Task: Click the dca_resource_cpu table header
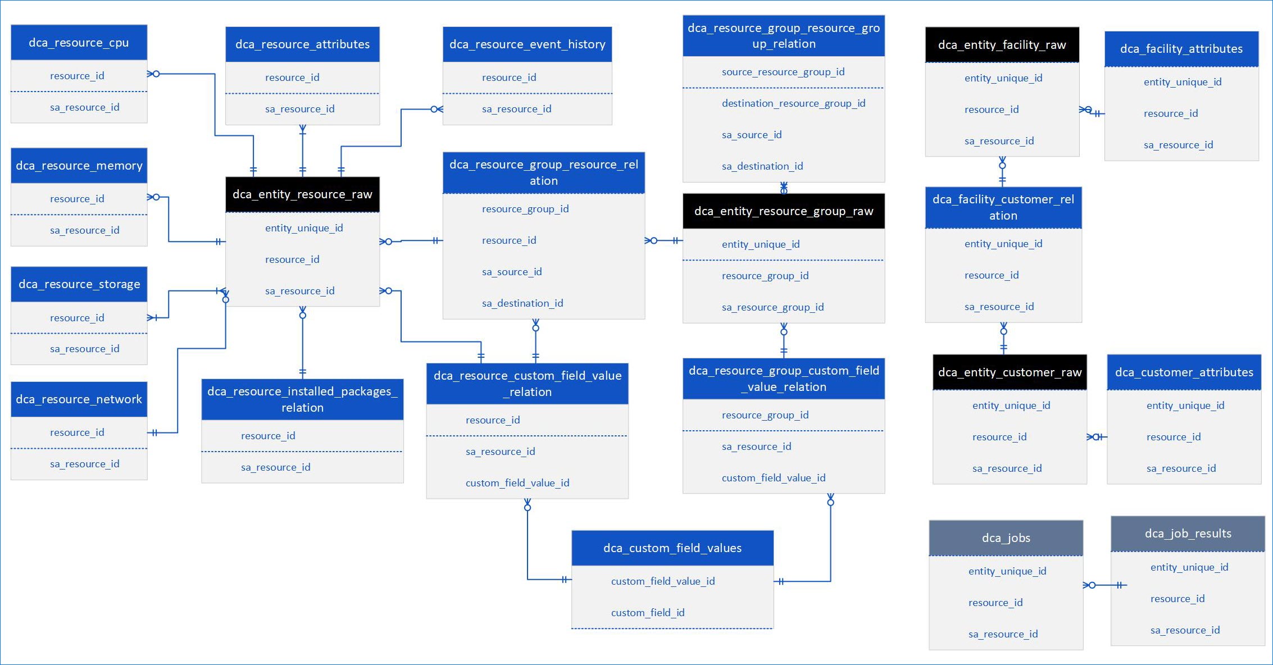tap(79, 43)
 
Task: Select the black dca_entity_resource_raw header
tap(302, 194)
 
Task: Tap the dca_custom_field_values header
tap(672, 548)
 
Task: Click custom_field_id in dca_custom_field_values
tap(648, 613)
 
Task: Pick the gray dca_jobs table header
tap(1006, 538)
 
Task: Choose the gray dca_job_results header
tap(1188, 534)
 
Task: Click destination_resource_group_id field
tap(793, 103)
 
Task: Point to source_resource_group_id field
tap(783, 72)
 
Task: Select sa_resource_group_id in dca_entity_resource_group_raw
tap(772, 307)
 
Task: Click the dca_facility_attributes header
tap(1181, 49)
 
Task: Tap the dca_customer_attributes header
tap(1184, 372)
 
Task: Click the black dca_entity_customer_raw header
tap(1010, 372)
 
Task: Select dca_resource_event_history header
tap(527, 44)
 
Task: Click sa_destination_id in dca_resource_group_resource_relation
tap(522, 303)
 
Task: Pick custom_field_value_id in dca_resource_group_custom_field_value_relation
tap(774, 478)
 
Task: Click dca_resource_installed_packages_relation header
tap(302, 399)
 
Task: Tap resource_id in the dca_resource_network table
tap(77, 432)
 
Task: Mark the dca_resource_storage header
tap(79, 284)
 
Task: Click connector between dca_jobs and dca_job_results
tap(1104, 585)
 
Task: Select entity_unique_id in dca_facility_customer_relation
tap(1003, 244)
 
